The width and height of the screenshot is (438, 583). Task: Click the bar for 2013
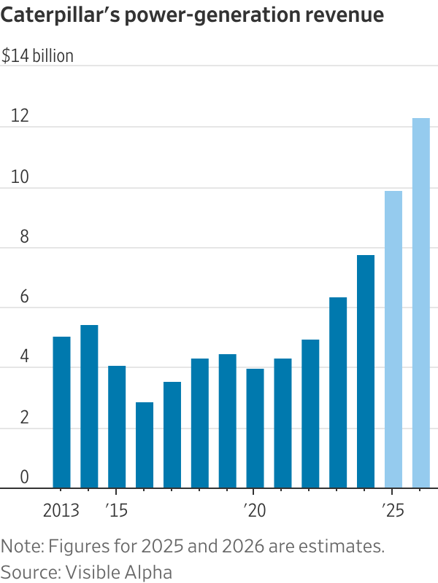[61, 412]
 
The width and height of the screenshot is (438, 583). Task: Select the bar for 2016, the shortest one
[145, 445]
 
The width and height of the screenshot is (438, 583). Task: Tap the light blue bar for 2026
[421, 303]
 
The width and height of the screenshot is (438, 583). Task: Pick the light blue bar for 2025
[393, 340]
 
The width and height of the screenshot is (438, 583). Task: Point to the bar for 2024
[366, 372]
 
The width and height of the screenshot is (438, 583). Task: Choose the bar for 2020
[255, 429]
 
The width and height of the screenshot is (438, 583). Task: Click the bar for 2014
[89, 407]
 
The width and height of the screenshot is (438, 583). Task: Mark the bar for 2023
[338, 393]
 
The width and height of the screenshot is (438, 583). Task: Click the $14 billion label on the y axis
[38, 55]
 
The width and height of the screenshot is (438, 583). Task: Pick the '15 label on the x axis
[116, 509]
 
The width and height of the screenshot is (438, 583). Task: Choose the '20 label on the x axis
[253, 509]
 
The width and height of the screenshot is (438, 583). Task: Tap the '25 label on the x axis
[392, 509]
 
